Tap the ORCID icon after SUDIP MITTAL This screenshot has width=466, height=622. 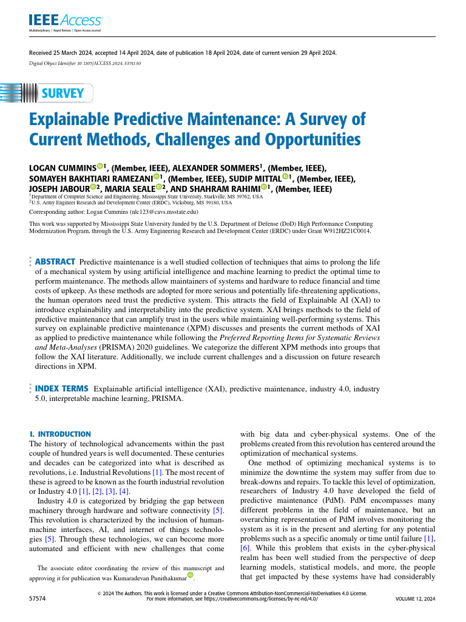pos(286,177)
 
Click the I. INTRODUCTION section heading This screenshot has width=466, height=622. pos(60,434)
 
